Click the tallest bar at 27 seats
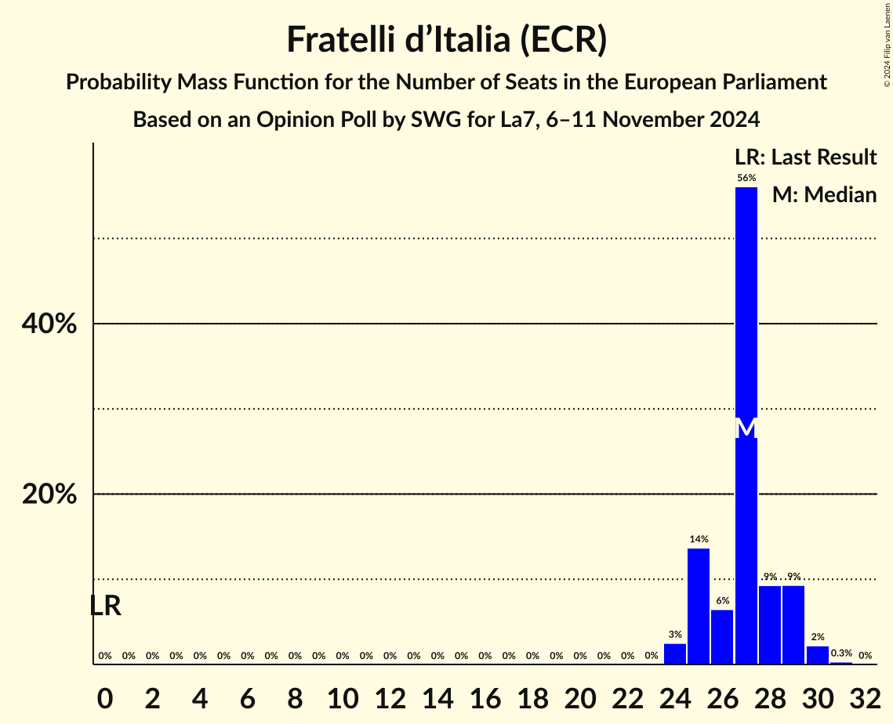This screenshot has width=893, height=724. click(746, 313)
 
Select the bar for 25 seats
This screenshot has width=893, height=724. click(699, 606)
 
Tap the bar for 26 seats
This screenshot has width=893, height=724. click(722, 637)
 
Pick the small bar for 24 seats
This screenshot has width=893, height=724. click(675, 654)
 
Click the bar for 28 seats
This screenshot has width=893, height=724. click(770, 625)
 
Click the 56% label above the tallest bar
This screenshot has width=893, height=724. click(746, 178)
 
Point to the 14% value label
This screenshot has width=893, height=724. click(699, 539)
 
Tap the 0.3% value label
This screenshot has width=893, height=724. click(841, 653)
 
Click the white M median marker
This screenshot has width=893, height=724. click(746, 428)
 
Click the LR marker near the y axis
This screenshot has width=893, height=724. click(105, 606)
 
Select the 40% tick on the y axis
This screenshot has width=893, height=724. click(49, 324)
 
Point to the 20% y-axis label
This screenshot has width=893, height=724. click(49, 494)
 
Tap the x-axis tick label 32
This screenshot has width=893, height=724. click(865, 695)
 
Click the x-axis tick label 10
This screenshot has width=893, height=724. click(343, 695)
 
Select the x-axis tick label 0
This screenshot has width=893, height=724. click(105, 695)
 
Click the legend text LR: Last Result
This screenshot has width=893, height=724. click(805, 157)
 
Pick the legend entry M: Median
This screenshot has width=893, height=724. click(824, 194)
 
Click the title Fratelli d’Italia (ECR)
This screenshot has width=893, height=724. click(446, 39)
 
